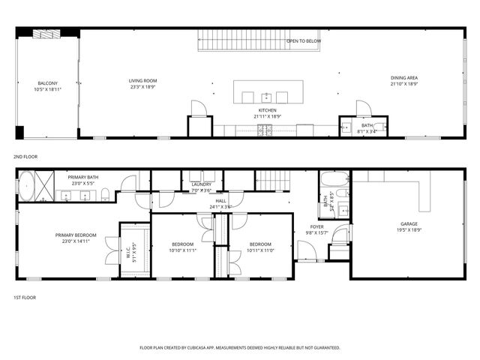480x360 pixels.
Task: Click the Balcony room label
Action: [x=48, y=86]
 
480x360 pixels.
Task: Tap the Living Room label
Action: [x=142, y=83]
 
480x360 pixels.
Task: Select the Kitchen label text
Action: [x=267, y=113]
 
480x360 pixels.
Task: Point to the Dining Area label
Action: [x=403, y=81]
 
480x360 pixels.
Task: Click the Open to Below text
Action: [x=304, y=41]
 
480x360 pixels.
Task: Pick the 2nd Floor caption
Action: [x=25, y=157]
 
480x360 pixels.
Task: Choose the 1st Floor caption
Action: [x=25, y=298]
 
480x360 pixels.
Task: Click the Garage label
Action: [x=409, y=226]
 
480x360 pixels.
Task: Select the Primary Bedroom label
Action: [x=74, y=238]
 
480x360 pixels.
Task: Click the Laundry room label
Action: [x=201, y=187]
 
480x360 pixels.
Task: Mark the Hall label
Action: [x=221, y=203]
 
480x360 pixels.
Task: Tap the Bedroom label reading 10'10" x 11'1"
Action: [x=183, y=247]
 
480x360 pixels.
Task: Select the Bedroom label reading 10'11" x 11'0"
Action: [x=260, y=247]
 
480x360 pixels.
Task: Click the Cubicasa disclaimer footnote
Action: [x=240, y=348]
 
